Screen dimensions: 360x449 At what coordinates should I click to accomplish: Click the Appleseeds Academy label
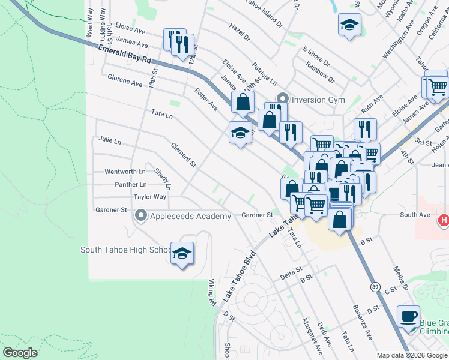pos(191,217)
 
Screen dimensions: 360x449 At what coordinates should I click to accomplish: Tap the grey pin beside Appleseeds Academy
pos(142,215)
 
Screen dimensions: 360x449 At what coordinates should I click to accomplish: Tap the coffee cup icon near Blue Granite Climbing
pos(409,316)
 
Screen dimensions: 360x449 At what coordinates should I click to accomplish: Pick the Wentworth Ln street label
pos(125,172)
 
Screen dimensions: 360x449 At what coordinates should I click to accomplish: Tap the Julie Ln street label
pos(110,142)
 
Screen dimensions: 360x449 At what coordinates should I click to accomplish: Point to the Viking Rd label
pos(212,292)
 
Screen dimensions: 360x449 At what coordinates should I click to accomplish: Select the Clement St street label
pos(184,154)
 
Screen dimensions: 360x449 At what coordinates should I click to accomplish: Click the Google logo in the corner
pos(20,352)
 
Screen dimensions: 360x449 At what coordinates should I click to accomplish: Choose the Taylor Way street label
pos(149,197)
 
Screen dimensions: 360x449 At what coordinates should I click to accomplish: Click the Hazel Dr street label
pos(239,32)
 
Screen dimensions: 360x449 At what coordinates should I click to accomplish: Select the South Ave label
pos(415,215)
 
